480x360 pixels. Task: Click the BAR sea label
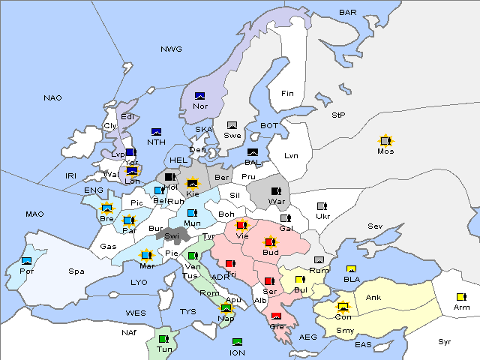[348, 13]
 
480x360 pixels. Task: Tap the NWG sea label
[171, 49]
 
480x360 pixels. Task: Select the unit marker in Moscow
[385, 140]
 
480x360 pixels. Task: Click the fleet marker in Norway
[200, 96]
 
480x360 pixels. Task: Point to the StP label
[338, 115]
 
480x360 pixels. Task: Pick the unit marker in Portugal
[27, 261]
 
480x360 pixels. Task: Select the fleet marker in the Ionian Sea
[237, 342]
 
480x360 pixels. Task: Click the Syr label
[445, 341]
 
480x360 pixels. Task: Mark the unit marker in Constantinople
[343, 307]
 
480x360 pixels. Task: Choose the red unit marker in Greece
[276, 316]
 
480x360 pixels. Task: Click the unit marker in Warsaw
[276, 190]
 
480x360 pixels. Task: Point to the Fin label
[287, 94]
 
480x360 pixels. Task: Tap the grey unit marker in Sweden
[232, 125]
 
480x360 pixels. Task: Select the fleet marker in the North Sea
[157, 132]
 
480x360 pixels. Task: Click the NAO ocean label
[52, 98]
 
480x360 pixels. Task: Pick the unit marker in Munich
[192, 213]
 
